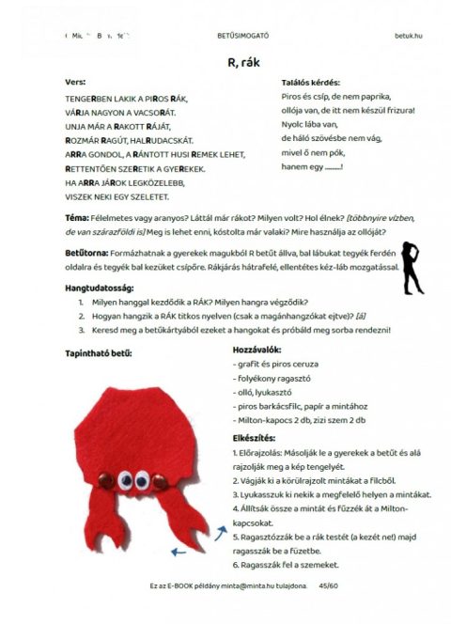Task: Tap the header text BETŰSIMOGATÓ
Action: click(x=242, y=36)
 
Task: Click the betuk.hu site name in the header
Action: click(x=410, y=36)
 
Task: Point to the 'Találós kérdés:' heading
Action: click(x=311, y=83)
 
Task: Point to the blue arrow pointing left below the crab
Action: click(x=178, y=553)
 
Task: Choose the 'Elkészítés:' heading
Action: click(x=255, y=439)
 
